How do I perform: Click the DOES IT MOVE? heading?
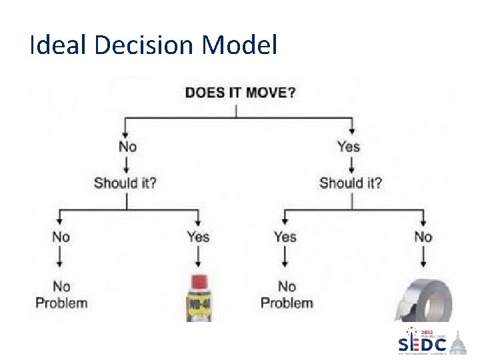(241, 92)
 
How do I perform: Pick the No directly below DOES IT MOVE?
(127, 146)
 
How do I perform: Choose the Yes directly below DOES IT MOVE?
(348, 146)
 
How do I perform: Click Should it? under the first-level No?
(125, 183)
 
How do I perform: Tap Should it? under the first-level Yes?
(351, 183)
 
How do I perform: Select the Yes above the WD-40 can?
(198, 237)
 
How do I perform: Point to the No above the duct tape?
(423, 237)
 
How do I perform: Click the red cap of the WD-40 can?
(198, 281)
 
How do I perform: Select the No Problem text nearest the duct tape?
(287, 295)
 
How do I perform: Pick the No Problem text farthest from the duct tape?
(61, 295)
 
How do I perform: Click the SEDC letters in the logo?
(422, 345)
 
